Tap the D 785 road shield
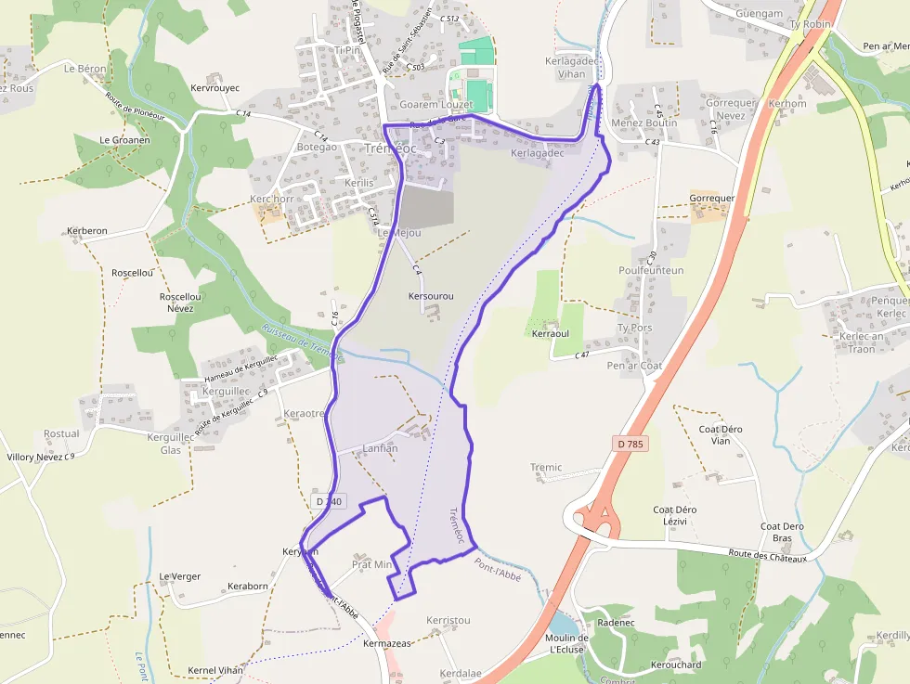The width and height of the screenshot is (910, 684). click(x=630, y=445)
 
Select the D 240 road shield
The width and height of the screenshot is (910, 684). click(x=329, y=501)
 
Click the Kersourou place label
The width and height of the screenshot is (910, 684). click(x=431, y=296)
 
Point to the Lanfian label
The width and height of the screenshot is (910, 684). click(x=380, y=448)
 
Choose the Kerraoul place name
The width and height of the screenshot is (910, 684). click(x=550, y=333)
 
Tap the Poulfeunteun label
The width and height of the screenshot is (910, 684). click(x=651, y=270)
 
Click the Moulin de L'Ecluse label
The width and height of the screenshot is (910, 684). click(x=567, y=643)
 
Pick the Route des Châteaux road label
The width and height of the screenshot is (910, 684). click(x=769, y=555)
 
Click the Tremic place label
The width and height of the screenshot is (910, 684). click(x=546, y=468)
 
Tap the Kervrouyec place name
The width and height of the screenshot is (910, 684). click(x=214, y=88)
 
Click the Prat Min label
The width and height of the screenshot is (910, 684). click(x=372, y=564)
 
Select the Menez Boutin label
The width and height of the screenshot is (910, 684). click(x=644, y=123)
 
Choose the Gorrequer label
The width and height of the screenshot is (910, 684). click(x=712, y=199)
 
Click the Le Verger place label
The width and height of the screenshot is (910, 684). click(x=179, y=576)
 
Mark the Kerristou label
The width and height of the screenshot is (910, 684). click(x=448, y=620)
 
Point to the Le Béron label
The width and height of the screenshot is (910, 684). click(x=85, y=69)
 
